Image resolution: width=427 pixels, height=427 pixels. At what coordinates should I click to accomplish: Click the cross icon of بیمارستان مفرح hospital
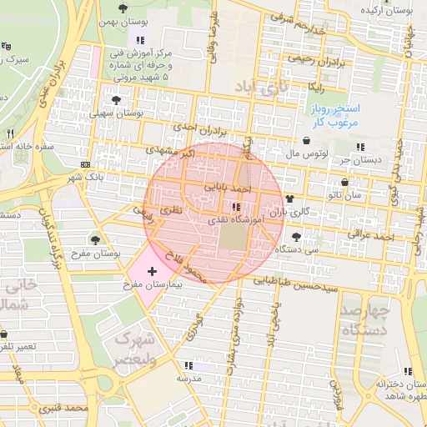151,272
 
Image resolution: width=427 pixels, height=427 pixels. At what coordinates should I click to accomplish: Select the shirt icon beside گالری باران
289,199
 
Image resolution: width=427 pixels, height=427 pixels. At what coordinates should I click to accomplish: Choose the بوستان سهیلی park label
117,112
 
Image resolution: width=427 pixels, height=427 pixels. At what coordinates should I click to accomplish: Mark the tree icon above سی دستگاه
295,237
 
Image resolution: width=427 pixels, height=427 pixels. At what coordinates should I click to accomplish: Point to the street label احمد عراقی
372,238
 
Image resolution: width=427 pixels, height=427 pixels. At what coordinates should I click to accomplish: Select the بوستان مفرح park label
94,253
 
